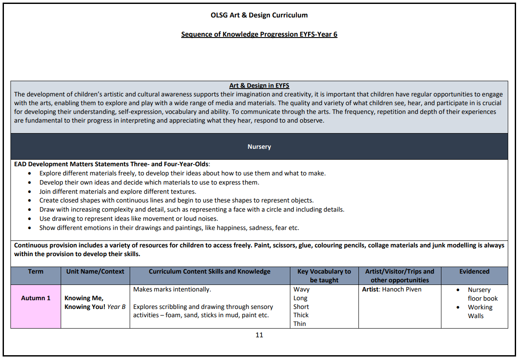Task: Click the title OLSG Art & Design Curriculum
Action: point(259,15)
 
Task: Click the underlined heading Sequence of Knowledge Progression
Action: point(259,34)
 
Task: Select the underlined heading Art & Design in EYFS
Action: point(259,86)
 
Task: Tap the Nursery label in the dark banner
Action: point(259,147)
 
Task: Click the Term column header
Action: point(36,271)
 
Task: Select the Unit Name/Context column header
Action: point(95,271)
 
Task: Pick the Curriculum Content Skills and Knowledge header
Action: point(210,271)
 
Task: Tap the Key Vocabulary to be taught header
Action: point(324,276)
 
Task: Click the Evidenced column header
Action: point(474,271)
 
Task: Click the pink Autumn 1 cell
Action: point(36,298)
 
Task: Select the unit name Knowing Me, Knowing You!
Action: point(95,302)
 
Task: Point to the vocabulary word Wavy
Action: point(301,290)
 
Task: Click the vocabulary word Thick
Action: point(301,315)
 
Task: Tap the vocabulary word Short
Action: point(301,307)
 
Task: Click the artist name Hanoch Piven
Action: point(402,290)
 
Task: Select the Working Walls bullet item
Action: point(480,312)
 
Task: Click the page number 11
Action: point(259,335)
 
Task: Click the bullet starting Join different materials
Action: point(117,192)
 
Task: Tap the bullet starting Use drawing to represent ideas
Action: point(128,219)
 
